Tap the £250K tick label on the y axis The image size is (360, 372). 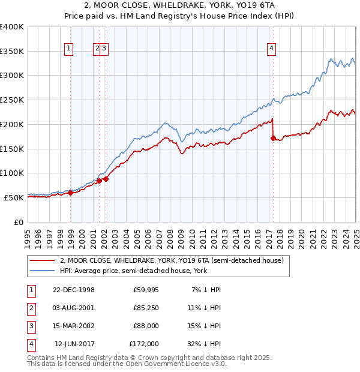pyautogui.click(x=12, y=100)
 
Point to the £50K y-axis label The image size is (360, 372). pyautogui.click(x=14, y=197)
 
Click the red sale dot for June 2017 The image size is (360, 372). pyautogui.click(x=273, y=138)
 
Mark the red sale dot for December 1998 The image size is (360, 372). pyautogui.click(x=70, y=193)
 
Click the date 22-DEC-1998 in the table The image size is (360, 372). pyautogui.click(x=74, y=290)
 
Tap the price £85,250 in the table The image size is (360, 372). pyautogui.click(x=144, y=308)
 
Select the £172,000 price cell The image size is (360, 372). pyautogui.click(x=144, y=344)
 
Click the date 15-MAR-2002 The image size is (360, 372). pyautogui.click(x=74, y=326)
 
